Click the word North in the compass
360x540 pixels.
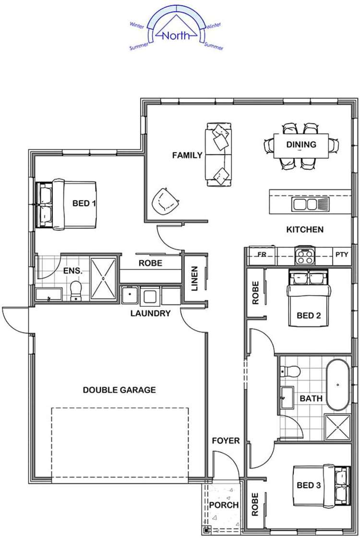click(x=176, y=36)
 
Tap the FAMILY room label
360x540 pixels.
click(x=187, y=155)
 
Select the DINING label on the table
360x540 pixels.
click(x=301, y=144)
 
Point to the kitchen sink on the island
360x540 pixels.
click(x=304, y=204)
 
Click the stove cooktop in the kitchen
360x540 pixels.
click(x=304, y=256)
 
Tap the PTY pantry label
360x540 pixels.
click(x=342, y=255)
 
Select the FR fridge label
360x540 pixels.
click(x=262, y=255)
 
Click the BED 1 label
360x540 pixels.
click(x=84, y=204)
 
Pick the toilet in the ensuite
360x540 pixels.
click(x=76, y=290)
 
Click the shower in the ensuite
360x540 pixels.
click(x=103, y=278)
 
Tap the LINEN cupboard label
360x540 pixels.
click(x=194, y=278)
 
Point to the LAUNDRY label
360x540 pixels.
click(x=150, y=313)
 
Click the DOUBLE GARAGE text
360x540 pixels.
click(x=119, y=390)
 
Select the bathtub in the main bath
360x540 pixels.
click(x=338, y=384)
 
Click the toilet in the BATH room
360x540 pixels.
click(x=290, y=371)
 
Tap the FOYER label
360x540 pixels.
click(x=226, y=441)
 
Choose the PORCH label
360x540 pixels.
click(x=224, y=505)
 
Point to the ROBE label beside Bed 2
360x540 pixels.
click(x=255, y=293)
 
